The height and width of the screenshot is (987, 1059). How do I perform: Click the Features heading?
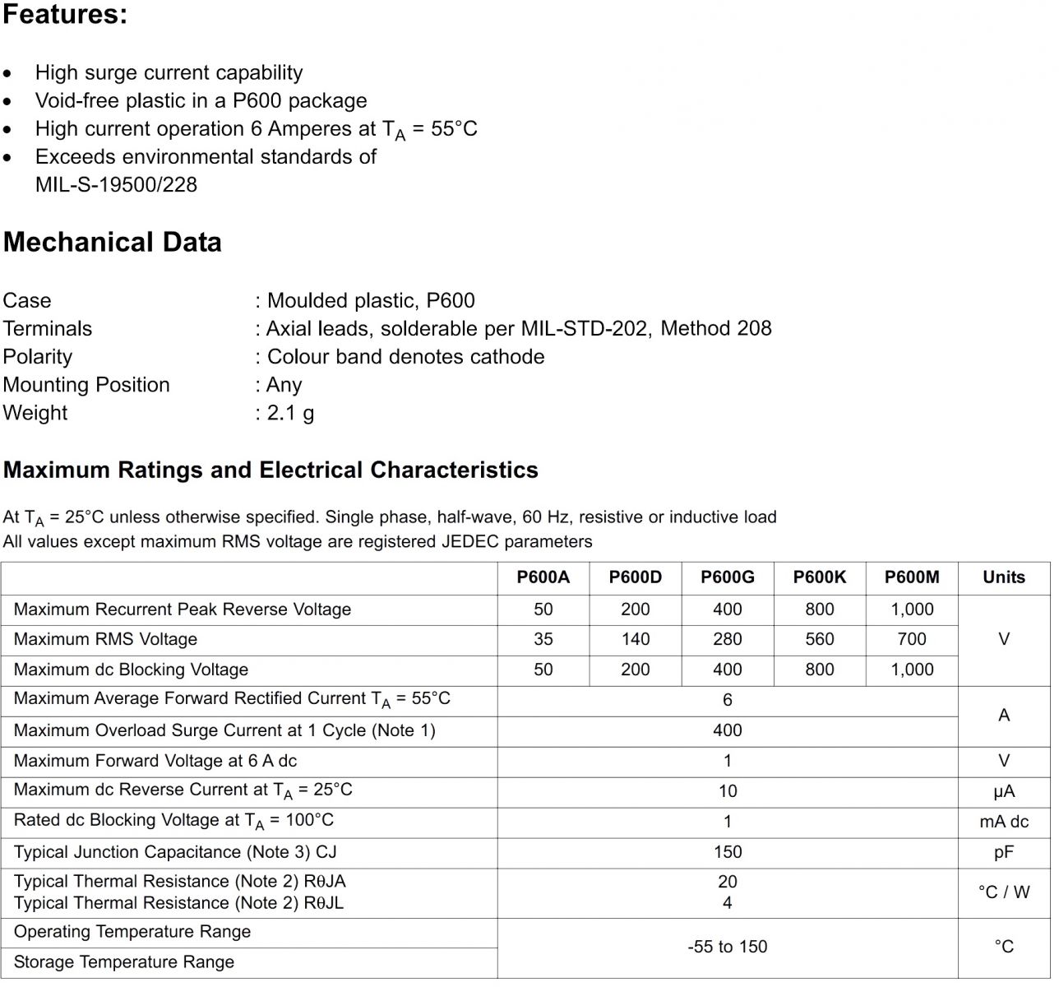[65, 15]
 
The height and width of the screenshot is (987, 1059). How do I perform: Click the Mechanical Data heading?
[113, 242]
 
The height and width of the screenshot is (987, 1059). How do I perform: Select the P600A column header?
[543, 577]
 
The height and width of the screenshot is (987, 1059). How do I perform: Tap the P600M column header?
[912, 577]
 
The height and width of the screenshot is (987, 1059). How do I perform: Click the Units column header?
[1004, 577]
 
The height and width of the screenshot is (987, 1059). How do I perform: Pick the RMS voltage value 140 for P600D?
[636, 639]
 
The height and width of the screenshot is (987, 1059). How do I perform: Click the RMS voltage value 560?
[820, 639]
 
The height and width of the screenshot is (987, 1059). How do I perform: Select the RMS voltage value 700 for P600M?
[912, 639]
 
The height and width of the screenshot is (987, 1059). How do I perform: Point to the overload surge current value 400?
[728, 730]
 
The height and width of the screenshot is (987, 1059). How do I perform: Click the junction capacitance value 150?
[728, 852]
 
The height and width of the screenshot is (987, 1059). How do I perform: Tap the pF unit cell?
[1004, 852]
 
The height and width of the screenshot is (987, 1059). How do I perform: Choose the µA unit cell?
[1004, 791]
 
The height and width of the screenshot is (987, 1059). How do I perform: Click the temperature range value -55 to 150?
[728, 947]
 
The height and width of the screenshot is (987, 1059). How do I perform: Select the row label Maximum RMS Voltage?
[105, 639]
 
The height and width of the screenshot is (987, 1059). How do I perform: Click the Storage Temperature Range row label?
[124, 962]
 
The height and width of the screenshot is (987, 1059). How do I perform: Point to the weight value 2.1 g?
[290, 413]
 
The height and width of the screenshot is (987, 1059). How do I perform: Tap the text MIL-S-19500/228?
[116, 184]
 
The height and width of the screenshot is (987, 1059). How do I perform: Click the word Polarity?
[38, 357]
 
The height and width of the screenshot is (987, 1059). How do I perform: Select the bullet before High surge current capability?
[7, 74]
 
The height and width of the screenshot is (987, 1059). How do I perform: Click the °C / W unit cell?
[1004, 892]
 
